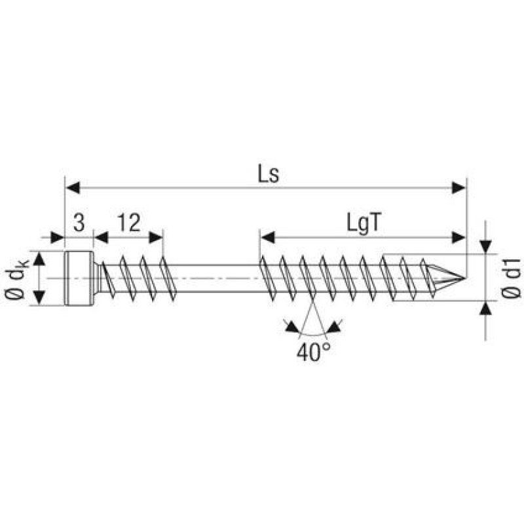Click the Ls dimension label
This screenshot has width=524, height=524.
point(266,176)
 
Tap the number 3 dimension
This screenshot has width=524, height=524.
point(79,224)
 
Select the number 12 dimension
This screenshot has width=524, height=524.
point(130,224)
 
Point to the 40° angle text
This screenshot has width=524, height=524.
point(312,352)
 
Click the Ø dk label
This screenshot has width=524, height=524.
point(18,280)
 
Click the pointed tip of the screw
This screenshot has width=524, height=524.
point(461,278)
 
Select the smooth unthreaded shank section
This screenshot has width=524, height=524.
point(216,278)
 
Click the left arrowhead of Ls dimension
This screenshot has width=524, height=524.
point(72,188)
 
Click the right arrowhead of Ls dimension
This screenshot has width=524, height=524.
point(460,188)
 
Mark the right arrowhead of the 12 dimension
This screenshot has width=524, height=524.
point(157,236)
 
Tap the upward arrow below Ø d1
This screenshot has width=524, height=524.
point(485,309)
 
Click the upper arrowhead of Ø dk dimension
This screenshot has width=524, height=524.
point(41,259)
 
